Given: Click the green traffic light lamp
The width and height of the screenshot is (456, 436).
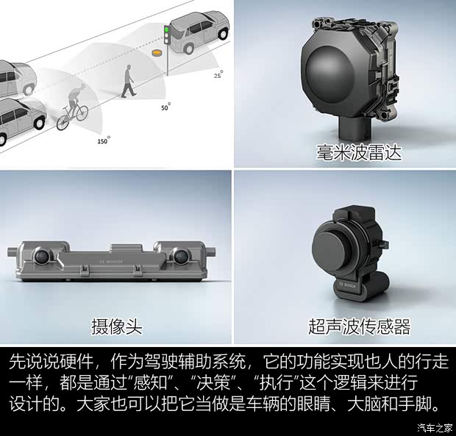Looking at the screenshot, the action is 167,29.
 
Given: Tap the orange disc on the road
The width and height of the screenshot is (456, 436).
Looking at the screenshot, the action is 157,53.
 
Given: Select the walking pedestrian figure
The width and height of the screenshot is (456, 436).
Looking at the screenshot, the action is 128,81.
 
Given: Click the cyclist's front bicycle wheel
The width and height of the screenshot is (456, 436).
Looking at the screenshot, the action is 63,122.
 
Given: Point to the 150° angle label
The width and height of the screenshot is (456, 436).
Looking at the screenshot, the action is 104,140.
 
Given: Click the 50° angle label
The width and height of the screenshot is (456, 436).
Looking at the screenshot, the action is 165,107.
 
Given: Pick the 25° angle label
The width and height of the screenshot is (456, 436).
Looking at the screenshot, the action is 218,74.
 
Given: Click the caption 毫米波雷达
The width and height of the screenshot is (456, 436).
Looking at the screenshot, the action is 359,152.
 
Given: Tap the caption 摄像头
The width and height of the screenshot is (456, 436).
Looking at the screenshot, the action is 117,326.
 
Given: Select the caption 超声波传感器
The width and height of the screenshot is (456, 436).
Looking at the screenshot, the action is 359,326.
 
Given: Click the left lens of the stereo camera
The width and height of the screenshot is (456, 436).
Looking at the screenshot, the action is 42,256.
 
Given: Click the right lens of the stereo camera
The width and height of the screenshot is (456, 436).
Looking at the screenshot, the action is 181,256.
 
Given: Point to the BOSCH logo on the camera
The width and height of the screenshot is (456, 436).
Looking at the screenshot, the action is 111,262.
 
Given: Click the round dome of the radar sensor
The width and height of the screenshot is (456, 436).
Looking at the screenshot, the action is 330,74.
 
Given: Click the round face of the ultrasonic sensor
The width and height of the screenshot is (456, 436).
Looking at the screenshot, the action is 329,246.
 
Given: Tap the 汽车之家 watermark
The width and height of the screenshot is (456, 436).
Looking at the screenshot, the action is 435,428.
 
